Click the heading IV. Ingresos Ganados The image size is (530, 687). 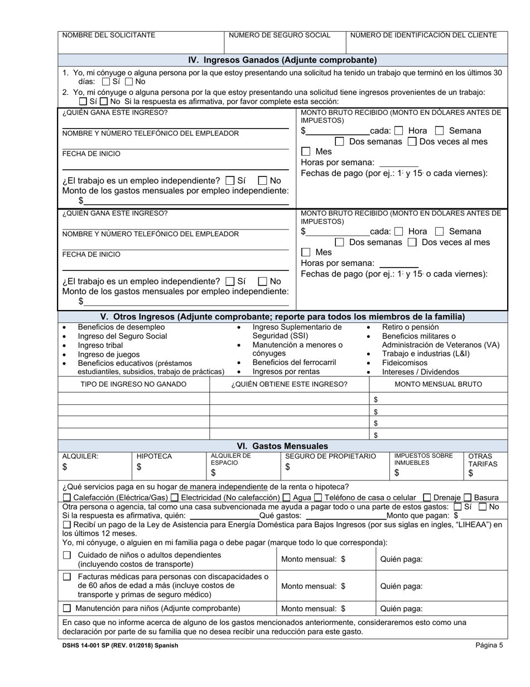point(282,60)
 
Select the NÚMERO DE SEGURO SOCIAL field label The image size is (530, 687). point(280,35)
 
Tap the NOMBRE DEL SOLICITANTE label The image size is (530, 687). point(109,35)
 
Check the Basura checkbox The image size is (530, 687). point(468,498)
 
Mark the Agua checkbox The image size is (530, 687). point(287,498)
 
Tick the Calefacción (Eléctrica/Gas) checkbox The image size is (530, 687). point(67,498)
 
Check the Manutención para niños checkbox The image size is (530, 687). point(67,608)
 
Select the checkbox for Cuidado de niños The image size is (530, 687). point(67,555)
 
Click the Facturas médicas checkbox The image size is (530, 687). point(67,576)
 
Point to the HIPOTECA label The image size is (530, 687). point(154,456)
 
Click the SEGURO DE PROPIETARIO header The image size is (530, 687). point(330,456)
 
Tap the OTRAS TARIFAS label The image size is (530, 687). point(483,460)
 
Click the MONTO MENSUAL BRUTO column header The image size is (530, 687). point(438,384)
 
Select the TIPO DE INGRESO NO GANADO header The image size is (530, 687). point(133,384)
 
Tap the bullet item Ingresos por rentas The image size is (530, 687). point(286,371)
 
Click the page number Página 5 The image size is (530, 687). point(489,645)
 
